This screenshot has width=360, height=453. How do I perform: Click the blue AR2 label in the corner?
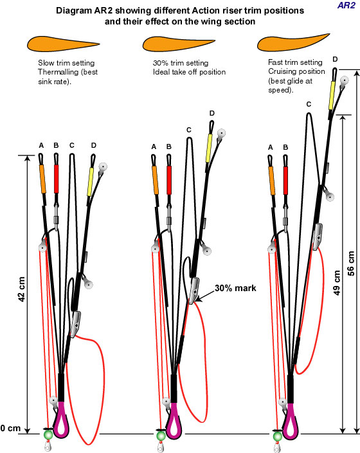346,5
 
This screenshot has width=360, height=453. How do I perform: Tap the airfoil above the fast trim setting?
292,43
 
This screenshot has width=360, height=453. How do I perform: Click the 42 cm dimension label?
22,289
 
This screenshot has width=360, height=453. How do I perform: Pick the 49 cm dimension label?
337,283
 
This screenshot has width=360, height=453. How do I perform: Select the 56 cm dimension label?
350,263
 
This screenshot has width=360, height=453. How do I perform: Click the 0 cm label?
11,428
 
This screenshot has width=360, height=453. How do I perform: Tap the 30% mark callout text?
235,288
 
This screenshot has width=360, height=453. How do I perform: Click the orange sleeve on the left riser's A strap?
42,179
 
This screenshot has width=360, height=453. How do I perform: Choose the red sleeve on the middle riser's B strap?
169,181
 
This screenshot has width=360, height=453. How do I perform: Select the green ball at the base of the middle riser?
161,436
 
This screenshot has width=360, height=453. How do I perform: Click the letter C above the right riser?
309,104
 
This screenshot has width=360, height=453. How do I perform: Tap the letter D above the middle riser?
212,113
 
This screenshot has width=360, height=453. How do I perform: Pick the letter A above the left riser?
41,145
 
